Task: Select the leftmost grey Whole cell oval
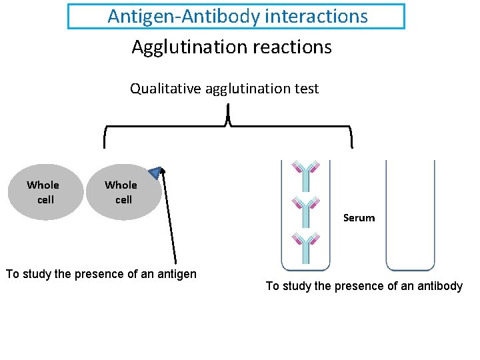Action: click(x=44, y=192)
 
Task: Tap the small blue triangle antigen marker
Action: click(x=155, y=173)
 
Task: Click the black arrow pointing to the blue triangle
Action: click(x=170, y=220)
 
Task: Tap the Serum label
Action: click(x=359, y=218)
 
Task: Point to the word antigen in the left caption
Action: click(x=175, y=274)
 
